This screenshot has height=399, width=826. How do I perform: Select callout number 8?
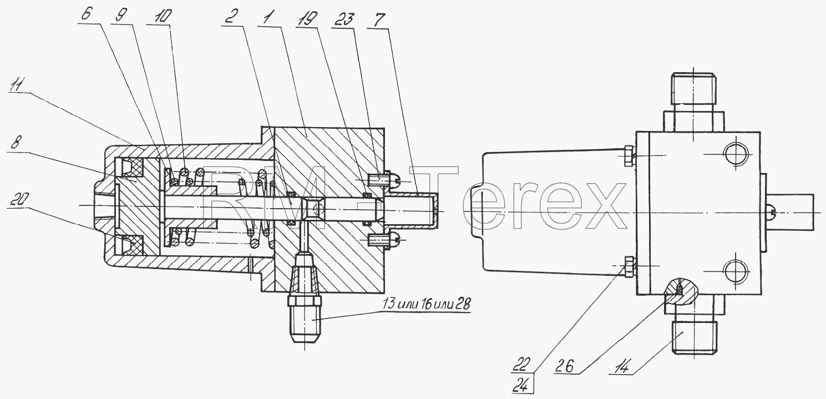[x=16, y=143]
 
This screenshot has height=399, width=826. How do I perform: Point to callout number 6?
[x=86, y=14]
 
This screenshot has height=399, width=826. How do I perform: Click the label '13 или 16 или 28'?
[x=426, y=304]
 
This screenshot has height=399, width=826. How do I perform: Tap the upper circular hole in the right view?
[x=736, y=154]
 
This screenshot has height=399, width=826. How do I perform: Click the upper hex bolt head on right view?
[x=629, y=155]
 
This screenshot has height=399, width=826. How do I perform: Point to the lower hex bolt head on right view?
[x=629, y=266]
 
